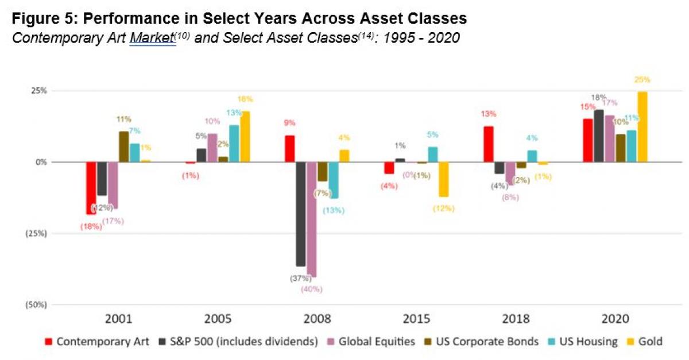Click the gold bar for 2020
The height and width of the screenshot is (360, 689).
(643, 126)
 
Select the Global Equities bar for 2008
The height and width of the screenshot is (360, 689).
(312, 218)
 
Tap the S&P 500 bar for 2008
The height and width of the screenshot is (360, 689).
(300, 214)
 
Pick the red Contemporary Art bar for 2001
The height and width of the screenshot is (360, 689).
(91, 188)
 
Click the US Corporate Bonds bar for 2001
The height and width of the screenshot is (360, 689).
(123, 146)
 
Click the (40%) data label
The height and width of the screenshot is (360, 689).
(312, 289)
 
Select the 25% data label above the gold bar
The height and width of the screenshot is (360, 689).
(643, 80)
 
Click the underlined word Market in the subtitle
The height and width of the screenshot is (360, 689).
(152, 40)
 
